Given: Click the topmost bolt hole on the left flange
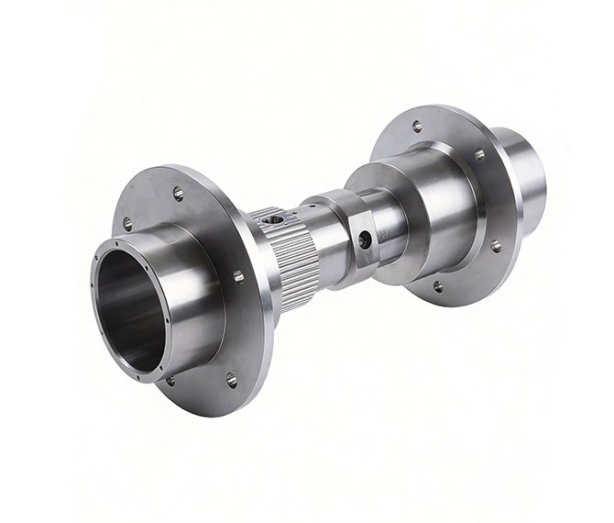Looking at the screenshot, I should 178,194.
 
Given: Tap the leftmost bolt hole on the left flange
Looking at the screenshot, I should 127,223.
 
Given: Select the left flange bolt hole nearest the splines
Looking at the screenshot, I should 238,276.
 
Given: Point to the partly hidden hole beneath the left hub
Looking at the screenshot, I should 170,380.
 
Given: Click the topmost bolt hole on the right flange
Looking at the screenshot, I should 417,127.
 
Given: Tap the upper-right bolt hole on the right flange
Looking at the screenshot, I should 478,155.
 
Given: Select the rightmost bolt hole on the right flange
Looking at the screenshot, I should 496,246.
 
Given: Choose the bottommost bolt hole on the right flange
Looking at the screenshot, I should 438,286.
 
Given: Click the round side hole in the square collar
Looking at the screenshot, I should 365,241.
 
